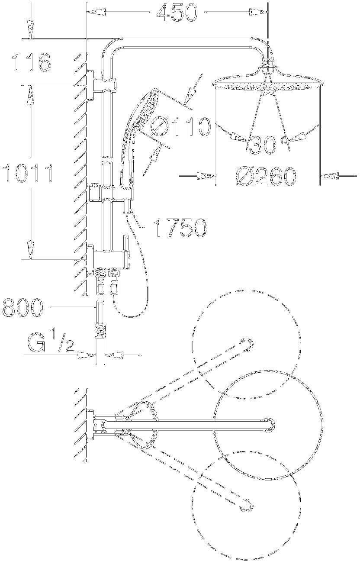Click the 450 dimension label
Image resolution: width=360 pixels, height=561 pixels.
click(x=177, y=12)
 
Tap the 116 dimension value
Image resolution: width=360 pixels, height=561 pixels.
click(x=31, y=62)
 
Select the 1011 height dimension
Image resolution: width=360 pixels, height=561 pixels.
click(x=28, y=173)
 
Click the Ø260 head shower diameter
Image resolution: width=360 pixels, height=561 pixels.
click(x=266, y=177)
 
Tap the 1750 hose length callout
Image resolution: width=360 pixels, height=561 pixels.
click(x=181, y=228)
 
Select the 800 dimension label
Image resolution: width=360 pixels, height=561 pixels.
click(x=22, y=307)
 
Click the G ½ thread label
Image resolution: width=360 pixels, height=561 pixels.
click(x=51, y=342)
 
